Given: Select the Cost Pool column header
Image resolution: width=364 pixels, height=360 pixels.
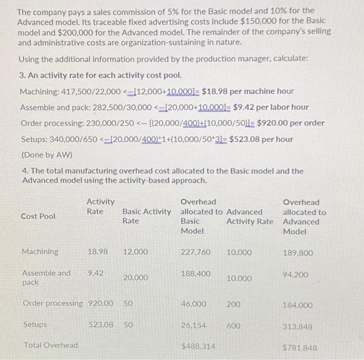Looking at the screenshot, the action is [38, 216].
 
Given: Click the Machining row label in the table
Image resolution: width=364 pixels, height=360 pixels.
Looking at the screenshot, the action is [40, 252].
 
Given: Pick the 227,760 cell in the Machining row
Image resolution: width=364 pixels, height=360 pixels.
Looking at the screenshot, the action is [196, 252].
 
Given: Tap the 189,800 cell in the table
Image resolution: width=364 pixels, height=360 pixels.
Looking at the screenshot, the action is [297, 253].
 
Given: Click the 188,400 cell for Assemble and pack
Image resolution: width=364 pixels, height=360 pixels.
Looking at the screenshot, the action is [196, 273].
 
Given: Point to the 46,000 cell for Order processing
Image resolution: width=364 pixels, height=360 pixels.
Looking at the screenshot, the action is [193, 303].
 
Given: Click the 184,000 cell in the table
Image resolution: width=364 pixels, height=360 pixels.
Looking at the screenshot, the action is [297, 305].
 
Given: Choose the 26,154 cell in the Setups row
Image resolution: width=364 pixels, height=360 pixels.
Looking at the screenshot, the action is [193, 325].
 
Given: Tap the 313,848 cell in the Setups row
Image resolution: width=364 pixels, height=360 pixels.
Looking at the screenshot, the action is [297, 327].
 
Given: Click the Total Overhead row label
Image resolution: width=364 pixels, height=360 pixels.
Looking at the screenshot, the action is [50, 345].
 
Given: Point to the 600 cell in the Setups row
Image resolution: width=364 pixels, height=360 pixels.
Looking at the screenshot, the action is [233, 325].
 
